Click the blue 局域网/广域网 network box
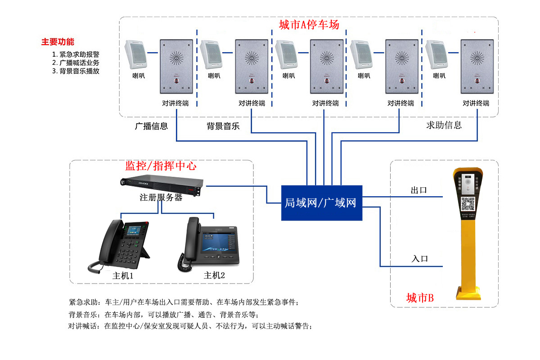[321, 202]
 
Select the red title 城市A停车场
[309, 25]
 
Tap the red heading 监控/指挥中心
[161, 166]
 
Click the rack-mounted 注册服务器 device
[161, 185]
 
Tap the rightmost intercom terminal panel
[477, 66]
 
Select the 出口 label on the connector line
[418, 190]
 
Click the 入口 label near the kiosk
[419, 259]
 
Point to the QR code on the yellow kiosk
[468, 203]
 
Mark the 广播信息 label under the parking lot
[151, 126]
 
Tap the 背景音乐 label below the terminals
[223, 126]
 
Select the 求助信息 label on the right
[444, 125]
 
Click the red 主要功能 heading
[58, 42]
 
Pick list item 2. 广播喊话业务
[76, 63]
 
